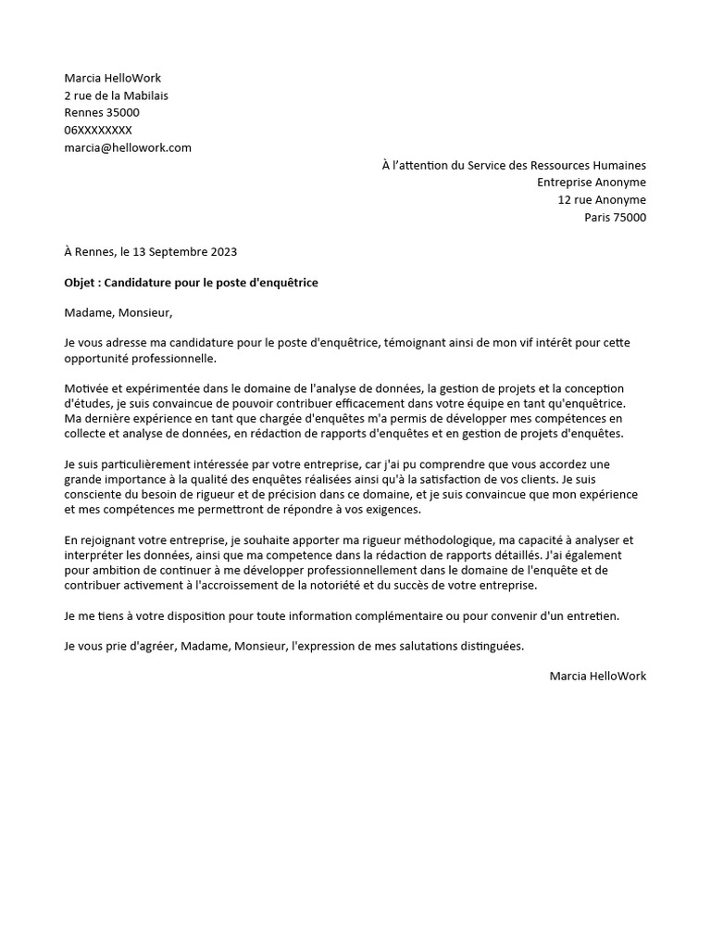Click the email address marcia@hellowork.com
point(128,147)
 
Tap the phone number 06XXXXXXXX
point(98,130)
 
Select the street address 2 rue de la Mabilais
point(117,95)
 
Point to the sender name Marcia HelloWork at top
point(112,78)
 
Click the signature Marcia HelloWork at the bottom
point(597,676)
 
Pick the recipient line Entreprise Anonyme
point(592,183)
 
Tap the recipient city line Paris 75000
point(615,218)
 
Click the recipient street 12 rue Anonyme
point(602,200)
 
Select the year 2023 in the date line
point(223,251)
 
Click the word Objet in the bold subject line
point(82,282)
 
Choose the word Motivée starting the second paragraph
point(86,387)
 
